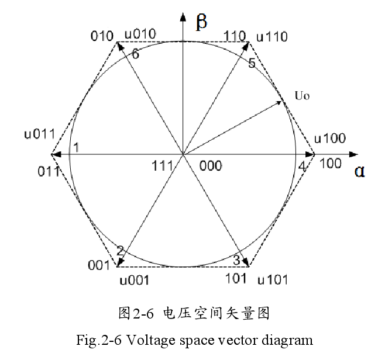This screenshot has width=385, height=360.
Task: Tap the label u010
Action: tap(140, 34)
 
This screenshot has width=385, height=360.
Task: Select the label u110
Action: tap(271, 37)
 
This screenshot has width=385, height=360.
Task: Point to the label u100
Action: tap(330, 139)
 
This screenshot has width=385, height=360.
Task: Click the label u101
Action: tap(273, 280)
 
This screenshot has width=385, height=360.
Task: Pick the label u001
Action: tap(135, 281)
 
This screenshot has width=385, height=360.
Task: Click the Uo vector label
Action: tap(301, 95)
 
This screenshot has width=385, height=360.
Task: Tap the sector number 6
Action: tap(135, 54)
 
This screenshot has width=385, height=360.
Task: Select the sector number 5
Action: tap(252, 63)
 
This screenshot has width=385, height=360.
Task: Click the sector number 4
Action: tap(302, 167)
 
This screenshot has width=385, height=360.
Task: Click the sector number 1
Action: tap(75, 147)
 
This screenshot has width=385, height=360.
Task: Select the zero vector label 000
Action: tap(211, 166)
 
